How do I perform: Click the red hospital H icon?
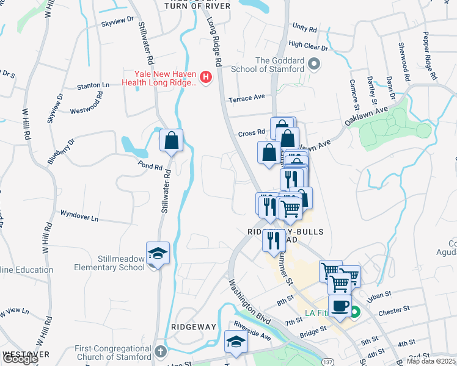(206, 77)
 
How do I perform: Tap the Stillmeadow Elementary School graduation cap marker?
(157, 254)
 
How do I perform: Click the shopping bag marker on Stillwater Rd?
(171, 141)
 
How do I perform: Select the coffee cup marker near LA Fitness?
(340, 306)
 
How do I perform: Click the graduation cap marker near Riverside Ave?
(235, 342)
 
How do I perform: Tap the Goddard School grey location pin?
(315, 63)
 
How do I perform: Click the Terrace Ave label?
(247, 97)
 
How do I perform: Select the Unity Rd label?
(305, 28)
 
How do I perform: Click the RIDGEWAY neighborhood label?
(194, 327)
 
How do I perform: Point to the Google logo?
(20, 359)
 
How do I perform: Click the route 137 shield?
(325, 362)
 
